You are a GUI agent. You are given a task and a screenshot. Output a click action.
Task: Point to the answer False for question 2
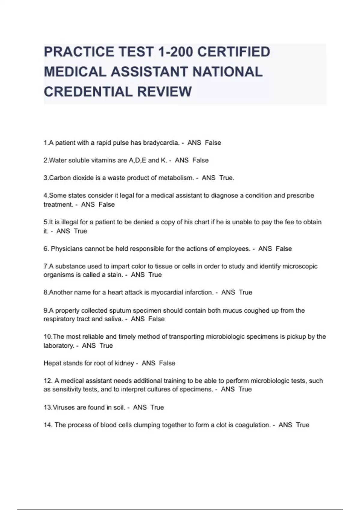200,160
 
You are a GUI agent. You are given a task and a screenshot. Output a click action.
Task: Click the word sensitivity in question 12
65,389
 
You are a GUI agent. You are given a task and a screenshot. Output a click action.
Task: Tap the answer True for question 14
302,425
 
